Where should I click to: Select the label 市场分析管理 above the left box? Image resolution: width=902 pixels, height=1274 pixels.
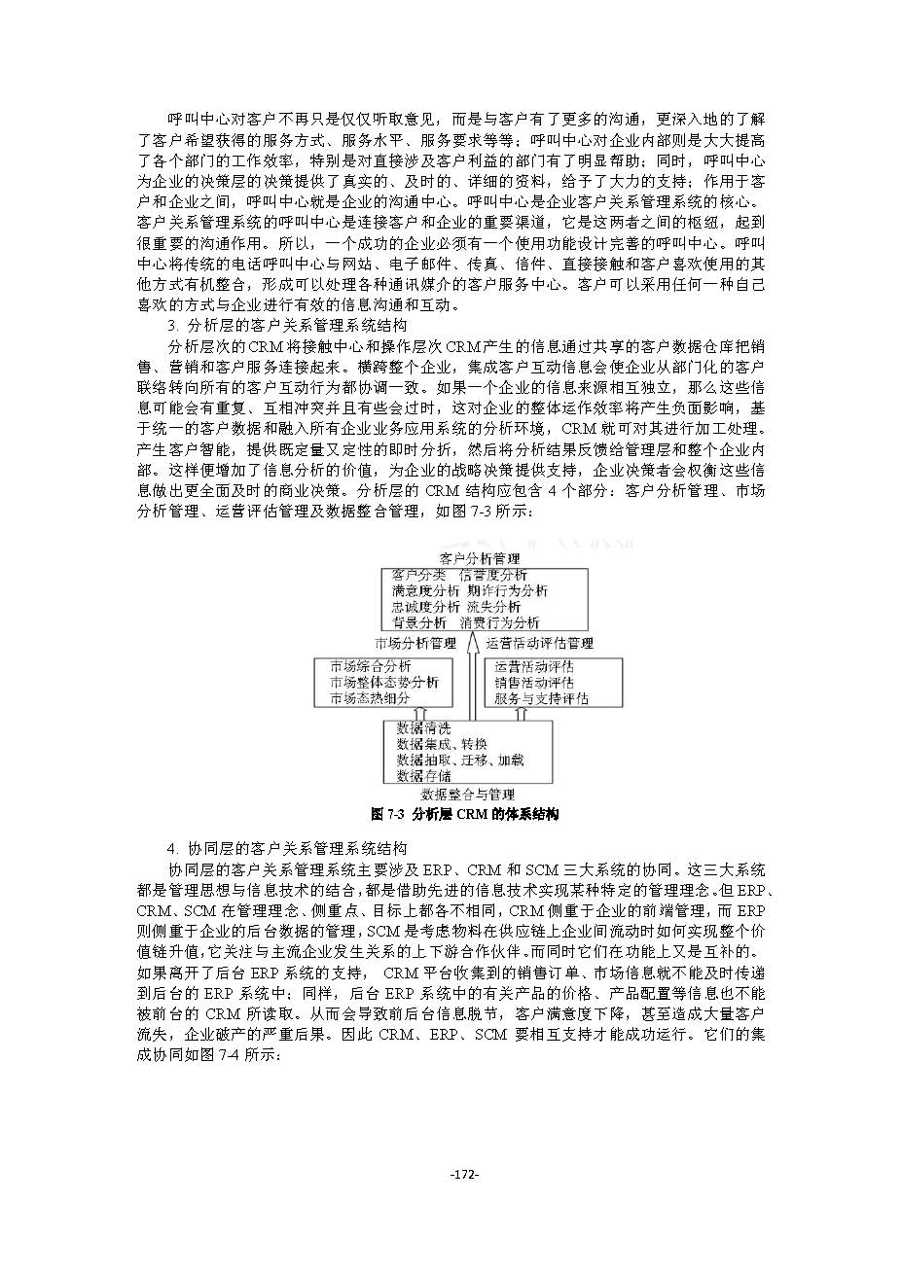[x=415, y=643]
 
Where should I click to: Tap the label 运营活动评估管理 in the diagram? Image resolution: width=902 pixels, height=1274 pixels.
[x=539, y=643]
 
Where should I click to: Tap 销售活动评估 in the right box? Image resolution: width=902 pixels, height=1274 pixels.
[x=534, y=683]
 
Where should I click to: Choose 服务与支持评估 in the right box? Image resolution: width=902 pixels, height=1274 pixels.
[x=541, y=698]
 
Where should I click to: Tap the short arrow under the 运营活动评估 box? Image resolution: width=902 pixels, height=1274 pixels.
[x=521, y=713]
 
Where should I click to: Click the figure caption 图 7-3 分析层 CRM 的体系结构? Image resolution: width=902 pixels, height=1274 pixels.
[x=465, y=814]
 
